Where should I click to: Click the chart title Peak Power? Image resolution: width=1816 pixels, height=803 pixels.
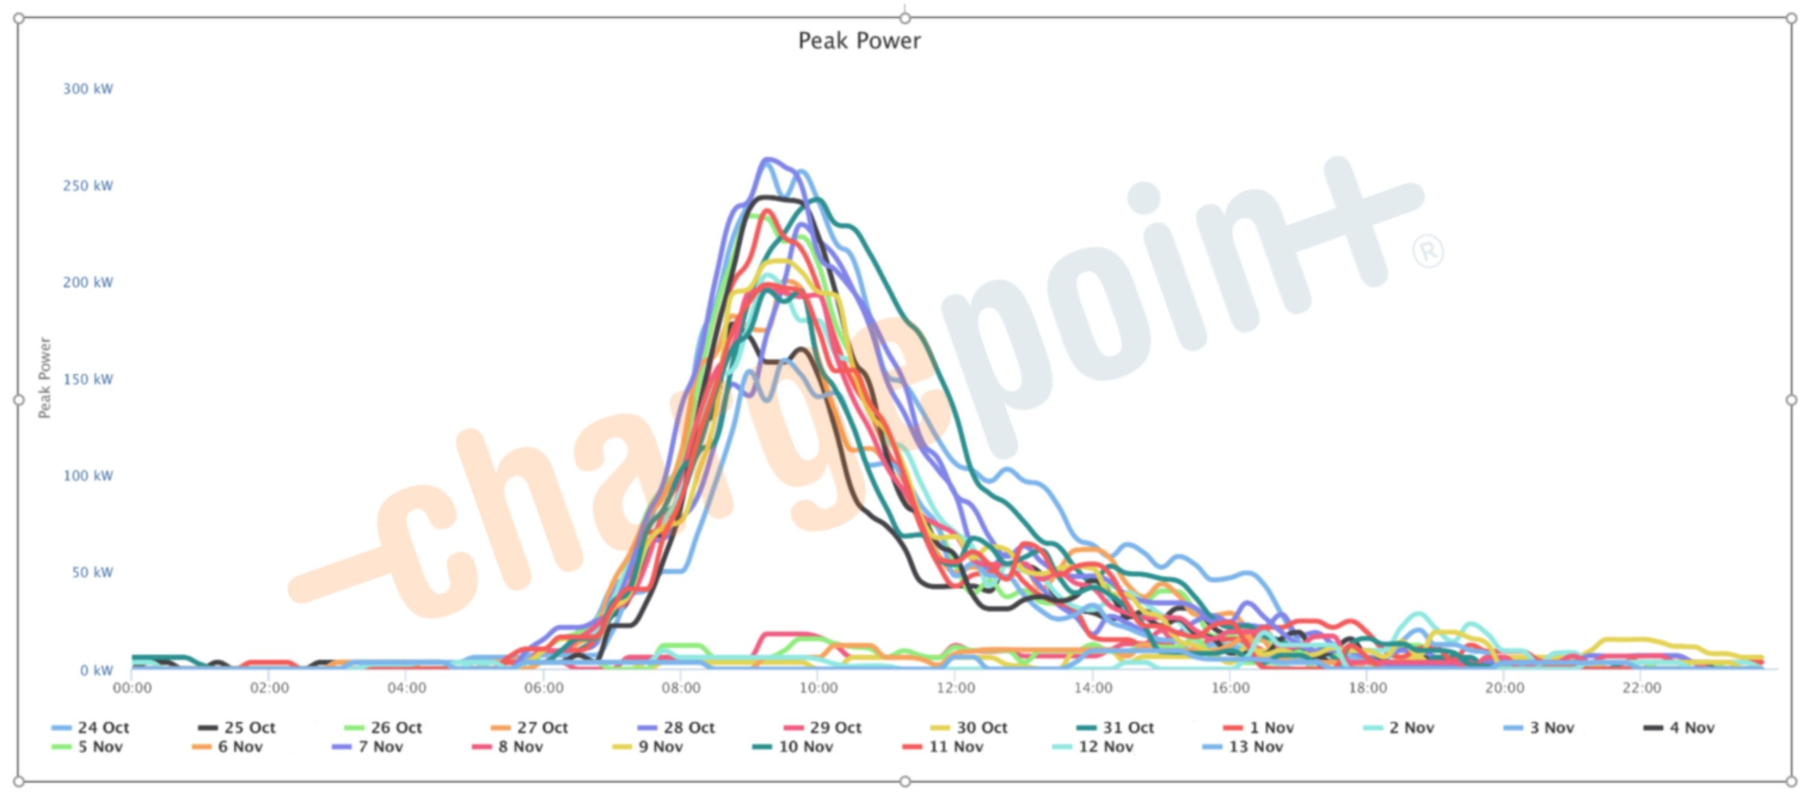pyautogui.click(x=858, y=41)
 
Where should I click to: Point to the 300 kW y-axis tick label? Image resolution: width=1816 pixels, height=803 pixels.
pyautogui.click(x=88, y=89)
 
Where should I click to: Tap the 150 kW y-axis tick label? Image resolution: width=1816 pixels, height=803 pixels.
pyautogui.click(x=88, y=379)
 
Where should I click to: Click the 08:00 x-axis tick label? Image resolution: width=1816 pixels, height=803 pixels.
pyautogui.click(x=681, y=687)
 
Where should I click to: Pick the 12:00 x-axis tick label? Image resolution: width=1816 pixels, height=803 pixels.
pyautogui.click(x=955, y=687)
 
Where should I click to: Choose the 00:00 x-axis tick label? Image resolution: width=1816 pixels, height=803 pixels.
pyautogui.click(x=133, y=687)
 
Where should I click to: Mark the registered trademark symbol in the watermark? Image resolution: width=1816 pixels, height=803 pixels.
pyautogui.click(x=1428, y=252)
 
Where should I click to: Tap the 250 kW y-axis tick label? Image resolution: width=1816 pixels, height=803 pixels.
pyautogui.click(x=88, y=186)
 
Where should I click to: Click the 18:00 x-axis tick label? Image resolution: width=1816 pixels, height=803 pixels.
pyautogui.click(x=1367, y=687)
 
